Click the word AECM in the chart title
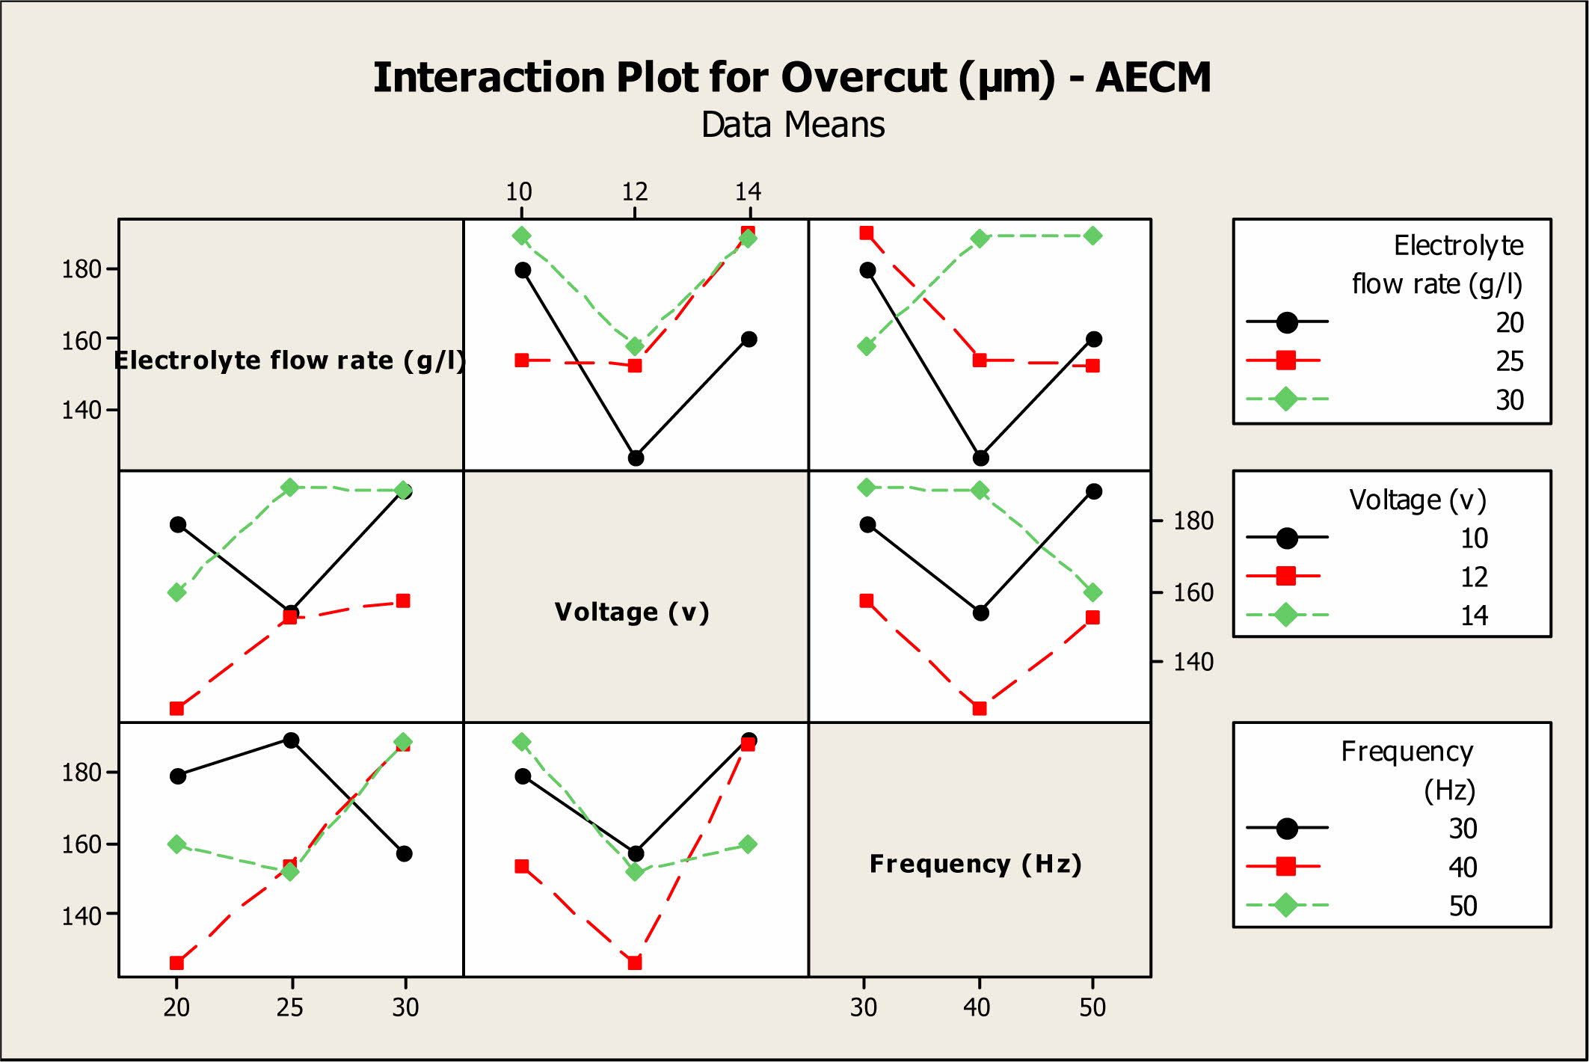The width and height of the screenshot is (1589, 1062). pyautogui.click(x=1152, y=78)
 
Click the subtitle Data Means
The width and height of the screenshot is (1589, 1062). pyautogui.click(x=793, y=125)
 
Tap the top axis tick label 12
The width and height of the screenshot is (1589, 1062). pyautogui.click(x=635, y=192)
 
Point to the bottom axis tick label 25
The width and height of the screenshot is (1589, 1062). pyautogui.click(x=289, y=1007)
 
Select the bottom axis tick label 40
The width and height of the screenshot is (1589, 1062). pyautogui.click(x=977, y=1007)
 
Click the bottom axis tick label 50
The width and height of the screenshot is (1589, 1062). pyautogui.click(x=1092, y=1007)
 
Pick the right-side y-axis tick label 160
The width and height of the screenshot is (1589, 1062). pyautogui.click(x=1193, y=592)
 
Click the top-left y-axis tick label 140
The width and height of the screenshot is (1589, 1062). pyautogui.click(x=81, y=410)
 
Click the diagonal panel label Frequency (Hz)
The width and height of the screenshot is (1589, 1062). pyautogui.click(x=976, y=864)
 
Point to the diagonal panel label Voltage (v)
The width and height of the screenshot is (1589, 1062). pyautogui.click(x=632, y=612)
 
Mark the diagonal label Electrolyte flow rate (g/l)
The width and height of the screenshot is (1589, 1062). pyautogui.click(x=290, y=360)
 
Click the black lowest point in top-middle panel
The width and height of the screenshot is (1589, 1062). pyautogui.click(x=636, y=458)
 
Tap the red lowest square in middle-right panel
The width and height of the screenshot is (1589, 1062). pyautogui.click(x=980, y=708)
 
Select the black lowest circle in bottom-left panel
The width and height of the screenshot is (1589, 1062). pyautogui.click(x=404, y=853)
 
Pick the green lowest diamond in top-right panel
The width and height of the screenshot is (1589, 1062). pyautogui.click(x=867, y=346)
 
